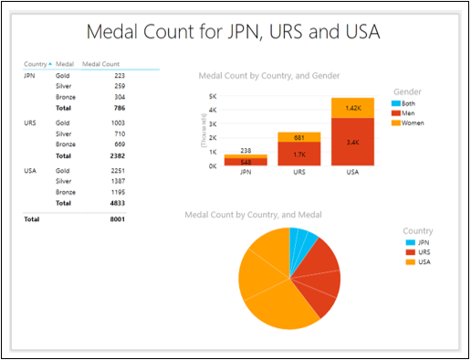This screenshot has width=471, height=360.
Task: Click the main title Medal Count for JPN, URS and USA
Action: (234, 32)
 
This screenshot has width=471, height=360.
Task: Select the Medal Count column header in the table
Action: (100, 64)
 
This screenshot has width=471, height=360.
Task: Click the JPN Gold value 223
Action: (119, 75)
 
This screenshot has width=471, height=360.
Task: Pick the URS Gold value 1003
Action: (117, 122)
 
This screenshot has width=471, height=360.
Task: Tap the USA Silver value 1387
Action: (117, 181)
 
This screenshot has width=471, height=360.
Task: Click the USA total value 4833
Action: (117, 203)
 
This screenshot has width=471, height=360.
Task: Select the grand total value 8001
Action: (117, 219)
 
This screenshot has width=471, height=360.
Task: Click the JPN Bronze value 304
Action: (119, 97)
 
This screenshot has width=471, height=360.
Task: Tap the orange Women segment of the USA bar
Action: (351, 107)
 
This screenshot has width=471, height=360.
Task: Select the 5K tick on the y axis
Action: (213, 96)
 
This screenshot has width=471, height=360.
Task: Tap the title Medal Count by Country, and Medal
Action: (253, 215)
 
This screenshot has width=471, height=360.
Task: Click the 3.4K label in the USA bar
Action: (351, 143)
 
